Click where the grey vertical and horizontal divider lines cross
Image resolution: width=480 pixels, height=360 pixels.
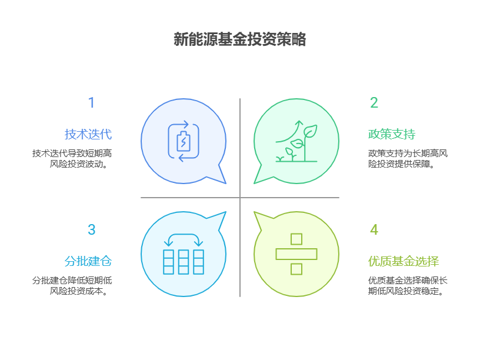coord(240,198)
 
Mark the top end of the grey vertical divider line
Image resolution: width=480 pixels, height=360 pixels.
coord(240,99)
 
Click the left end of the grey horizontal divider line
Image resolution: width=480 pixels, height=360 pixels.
coord(141,198)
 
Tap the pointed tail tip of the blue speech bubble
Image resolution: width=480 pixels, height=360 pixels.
coord(226,184)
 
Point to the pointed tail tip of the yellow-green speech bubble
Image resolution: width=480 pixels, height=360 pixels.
coord(254,212)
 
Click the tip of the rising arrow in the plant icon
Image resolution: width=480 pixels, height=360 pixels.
coord(299,121)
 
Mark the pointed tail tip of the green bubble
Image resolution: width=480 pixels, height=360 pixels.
coord(254,184)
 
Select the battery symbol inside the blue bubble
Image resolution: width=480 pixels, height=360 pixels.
coord(184,141)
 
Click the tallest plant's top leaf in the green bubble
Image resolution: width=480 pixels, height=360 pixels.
coord(311,131)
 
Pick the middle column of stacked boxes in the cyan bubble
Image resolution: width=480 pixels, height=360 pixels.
coord(184,262)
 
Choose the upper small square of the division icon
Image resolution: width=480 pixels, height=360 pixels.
coord(296,239)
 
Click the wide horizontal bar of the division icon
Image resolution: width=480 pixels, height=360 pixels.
coord(296,254)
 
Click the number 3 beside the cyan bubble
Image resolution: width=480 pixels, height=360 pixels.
coord(92,229)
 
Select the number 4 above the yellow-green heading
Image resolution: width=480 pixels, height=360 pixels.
coord(374,229)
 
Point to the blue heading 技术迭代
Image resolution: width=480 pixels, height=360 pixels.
coord(88,134)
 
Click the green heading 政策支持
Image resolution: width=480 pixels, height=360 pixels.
coord(392,134)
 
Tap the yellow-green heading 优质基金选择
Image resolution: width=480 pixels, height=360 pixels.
coord(404,261)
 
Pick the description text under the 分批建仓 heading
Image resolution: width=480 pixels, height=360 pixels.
coord(72,286)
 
